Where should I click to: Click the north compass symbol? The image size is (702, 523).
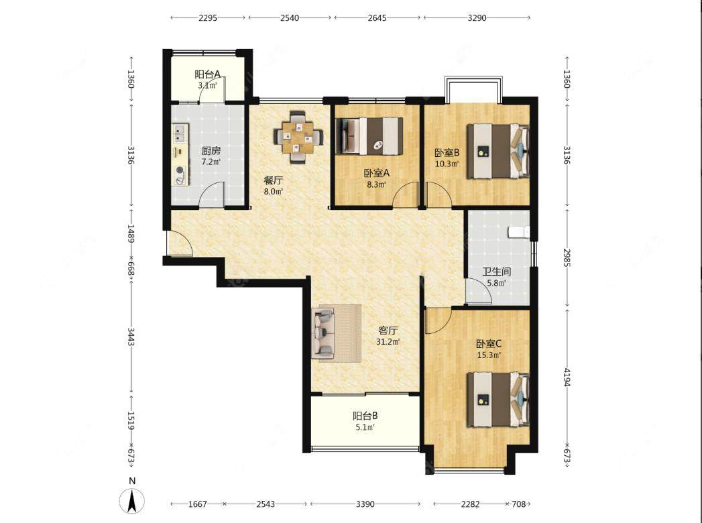click(132, 501)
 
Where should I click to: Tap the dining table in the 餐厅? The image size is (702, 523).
click(298, 137)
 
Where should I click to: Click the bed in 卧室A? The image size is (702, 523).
click(370, 136)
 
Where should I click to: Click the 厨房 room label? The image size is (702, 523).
click(211, 151)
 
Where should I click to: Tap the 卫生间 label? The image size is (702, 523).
click(497, 272)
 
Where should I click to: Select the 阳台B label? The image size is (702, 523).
click(365, 416)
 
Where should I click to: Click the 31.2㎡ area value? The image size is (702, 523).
click(388, 342)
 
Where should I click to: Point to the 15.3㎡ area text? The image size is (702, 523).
click(488, 355)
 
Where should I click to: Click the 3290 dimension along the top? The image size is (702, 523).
click(477, 18)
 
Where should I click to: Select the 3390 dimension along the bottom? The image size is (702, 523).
click(365, 504)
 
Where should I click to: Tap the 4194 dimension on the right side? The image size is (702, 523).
click(567, 377)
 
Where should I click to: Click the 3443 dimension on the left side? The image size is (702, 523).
click(131, 337)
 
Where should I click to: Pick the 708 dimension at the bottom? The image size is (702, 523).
click(518, 504)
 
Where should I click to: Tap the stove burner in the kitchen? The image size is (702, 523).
click(180, 170)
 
